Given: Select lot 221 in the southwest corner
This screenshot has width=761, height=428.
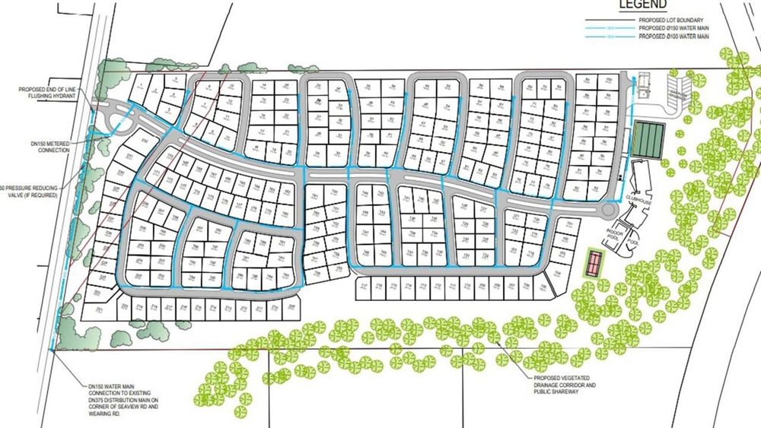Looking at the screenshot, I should coord(98,311).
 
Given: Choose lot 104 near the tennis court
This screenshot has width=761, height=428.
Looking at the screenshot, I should coord(559,272).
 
